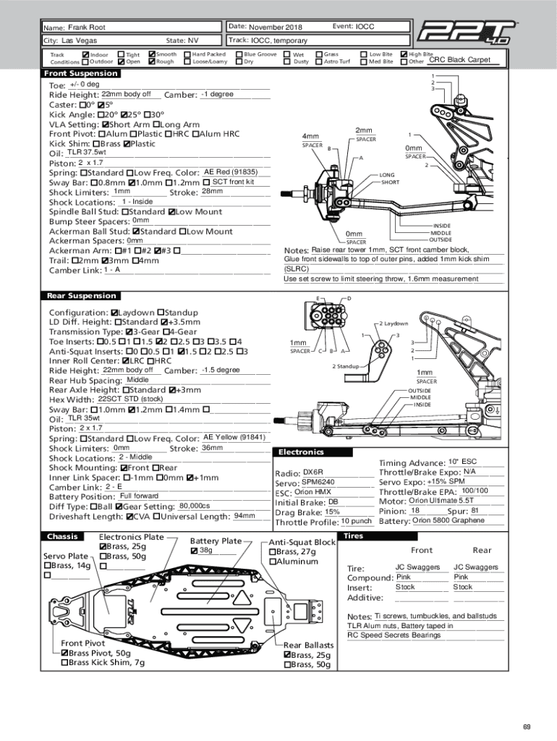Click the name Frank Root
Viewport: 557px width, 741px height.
[x=87, y=27]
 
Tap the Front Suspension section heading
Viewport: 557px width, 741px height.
[x=81, y=74]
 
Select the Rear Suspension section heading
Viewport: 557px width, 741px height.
[x=81, y=295]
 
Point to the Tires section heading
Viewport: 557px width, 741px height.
[x=354, y=536]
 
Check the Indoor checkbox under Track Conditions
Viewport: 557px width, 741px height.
[x=86, y=54]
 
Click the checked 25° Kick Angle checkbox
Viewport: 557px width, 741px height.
[x=124, y=115]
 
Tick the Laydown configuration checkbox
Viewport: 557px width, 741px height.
[x=115, y=312]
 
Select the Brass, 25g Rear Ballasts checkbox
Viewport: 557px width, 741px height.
[x=288, y=655]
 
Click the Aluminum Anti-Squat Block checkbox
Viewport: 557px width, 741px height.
[x=273, y=562]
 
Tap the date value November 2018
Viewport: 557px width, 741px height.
[x=276, y=27]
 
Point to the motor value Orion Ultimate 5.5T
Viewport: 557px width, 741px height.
[x=441, y=501]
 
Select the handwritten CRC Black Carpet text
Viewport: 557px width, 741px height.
[x=459, y=60]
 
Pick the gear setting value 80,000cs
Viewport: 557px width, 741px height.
[x=195, y=506]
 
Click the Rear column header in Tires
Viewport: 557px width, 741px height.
[x=482, y=551]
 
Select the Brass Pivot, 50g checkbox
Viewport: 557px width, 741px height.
[x=64, y=653]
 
